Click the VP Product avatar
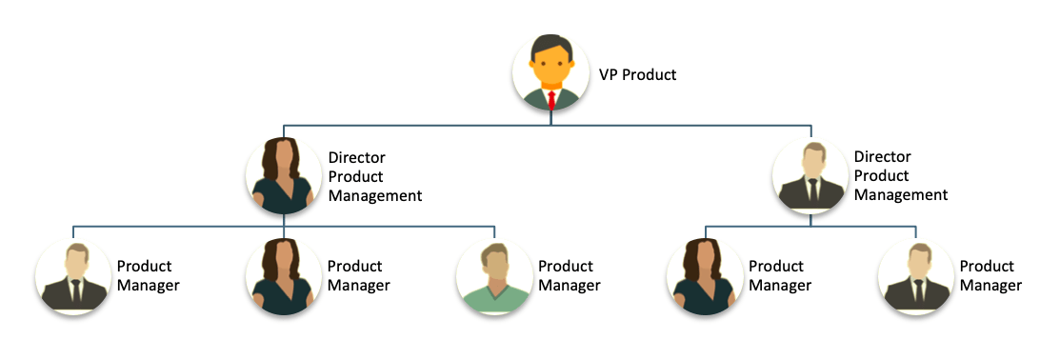[x=551, y=72]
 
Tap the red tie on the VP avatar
[x=551, y=101]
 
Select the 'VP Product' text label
[x=637, y=74]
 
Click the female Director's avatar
[x=284, y=175]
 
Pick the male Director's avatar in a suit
[x=810, y=175]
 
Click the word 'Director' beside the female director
[x=357, y=157]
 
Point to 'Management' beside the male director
[x=901, y=194]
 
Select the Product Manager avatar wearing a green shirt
[x=495, y=276]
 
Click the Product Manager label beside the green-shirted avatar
[x=570, y=275]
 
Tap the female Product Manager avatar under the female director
[x=284, y=276]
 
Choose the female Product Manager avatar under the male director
[x=705, y=276]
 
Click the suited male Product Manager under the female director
[x=73, y=276]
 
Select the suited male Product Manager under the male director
[x=916, y=276]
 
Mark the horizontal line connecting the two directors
[x=548, y=126]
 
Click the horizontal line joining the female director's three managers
[x=284, y=227]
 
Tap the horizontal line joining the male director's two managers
[x=810, y=227]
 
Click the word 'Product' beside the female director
[x=355, y=176]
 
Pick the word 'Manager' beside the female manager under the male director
[x=780, y=285]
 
